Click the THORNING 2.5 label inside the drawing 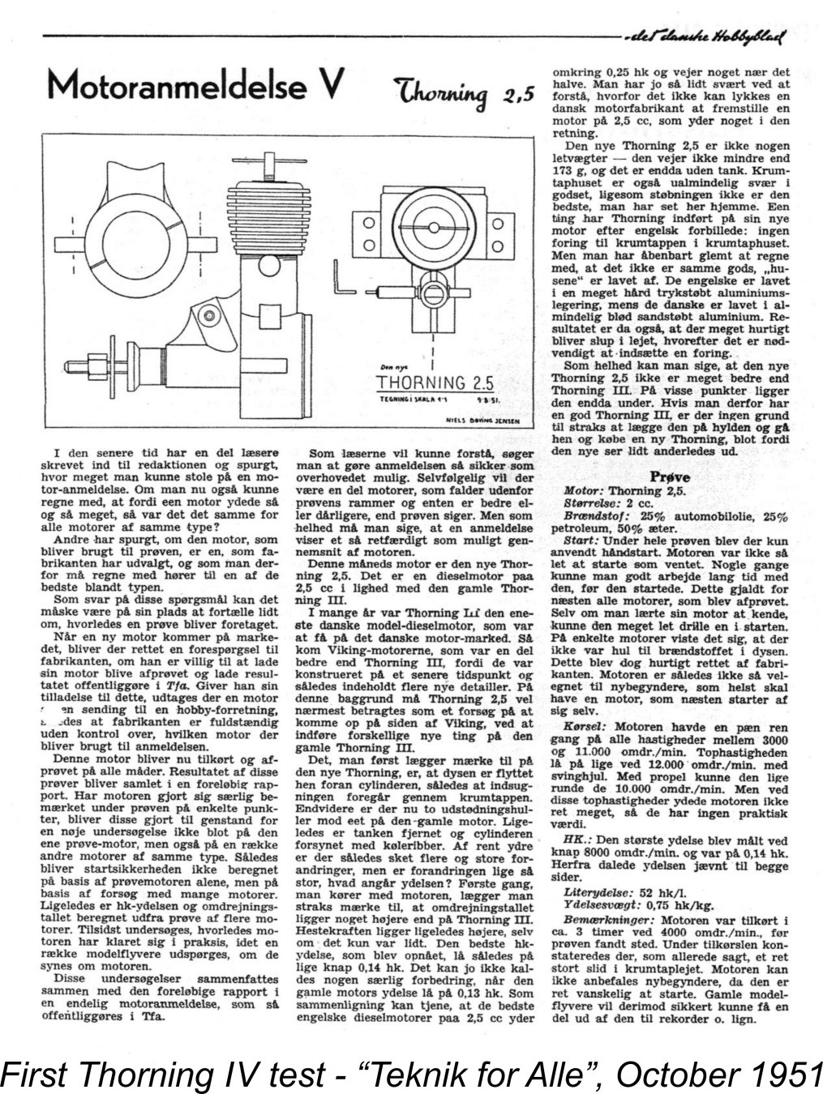435,383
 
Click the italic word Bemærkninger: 609,921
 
